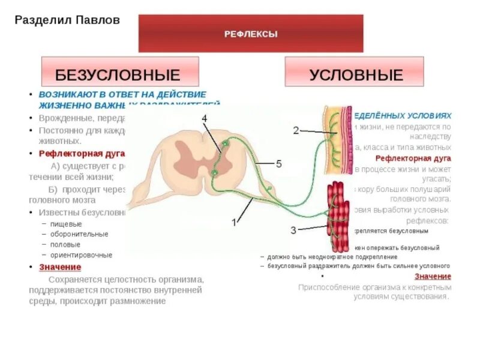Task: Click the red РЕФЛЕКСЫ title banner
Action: pos(251,34)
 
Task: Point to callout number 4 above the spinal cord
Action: pos(204,118)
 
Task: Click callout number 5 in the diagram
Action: pos(278,163)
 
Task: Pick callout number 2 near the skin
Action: pos(296,130)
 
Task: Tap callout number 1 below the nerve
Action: pos(235,222)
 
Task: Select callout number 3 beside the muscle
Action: pos(293,229)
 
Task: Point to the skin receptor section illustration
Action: pos(335,139)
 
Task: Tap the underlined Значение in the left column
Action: pos(60,266)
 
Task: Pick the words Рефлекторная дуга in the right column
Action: pos(413,158)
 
